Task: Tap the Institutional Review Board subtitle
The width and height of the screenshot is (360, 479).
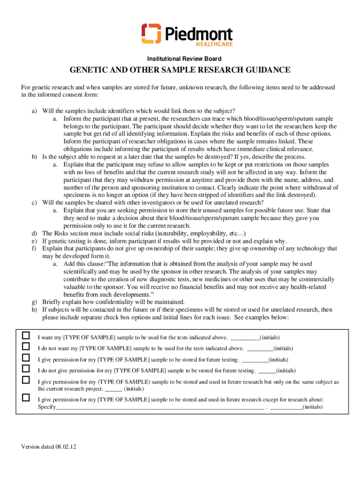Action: tap(184, 59)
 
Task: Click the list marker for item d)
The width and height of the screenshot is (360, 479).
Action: tap(35, 233)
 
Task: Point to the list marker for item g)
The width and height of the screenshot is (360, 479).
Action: tap(35, 302)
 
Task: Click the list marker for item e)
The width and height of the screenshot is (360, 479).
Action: tap(35, 241)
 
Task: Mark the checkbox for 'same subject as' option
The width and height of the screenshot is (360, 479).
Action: tap(26, 380)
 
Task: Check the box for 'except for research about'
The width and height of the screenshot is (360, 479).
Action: tap(26, 398)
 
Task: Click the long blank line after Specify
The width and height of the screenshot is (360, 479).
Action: tap(159, 407)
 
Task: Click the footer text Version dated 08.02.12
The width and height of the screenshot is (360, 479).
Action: tap(48, 447)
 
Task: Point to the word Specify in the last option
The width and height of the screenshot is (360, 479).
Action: tap(47, 407)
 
